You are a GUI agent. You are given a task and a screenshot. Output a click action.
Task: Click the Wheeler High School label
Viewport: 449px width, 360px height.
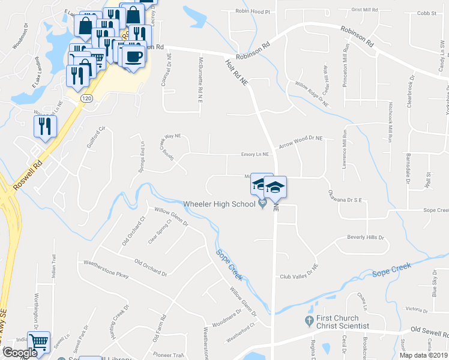point(220,204)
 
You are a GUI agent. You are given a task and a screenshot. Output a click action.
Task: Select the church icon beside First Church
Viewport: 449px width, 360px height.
point(310,319)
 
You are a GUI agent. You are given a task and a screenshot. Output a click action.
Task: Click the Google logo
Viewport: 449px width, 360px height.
point(20,353)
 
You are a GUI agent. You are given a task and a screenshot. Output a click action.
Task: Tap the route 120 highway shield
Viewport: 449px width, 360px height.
point(86,98)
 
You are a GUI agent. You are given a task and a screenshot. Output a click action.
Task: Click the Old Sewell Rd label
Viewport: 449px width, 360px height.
point(429,330)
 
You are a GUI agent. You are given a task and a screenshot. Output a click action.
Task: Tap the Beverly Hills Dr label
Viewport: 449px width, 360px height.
point(365,238)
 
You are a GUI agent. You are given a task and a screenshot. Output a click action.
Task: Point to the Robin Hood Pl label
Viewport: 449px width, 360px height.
point(253,11)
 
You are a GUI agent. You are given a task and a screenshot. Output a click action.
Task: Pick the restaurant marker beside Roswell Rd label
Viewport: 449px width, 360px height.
point(45,127)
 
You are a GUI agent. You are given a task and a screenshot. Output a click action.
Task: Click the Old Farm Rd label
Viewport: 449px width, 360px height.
point(159,328)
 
